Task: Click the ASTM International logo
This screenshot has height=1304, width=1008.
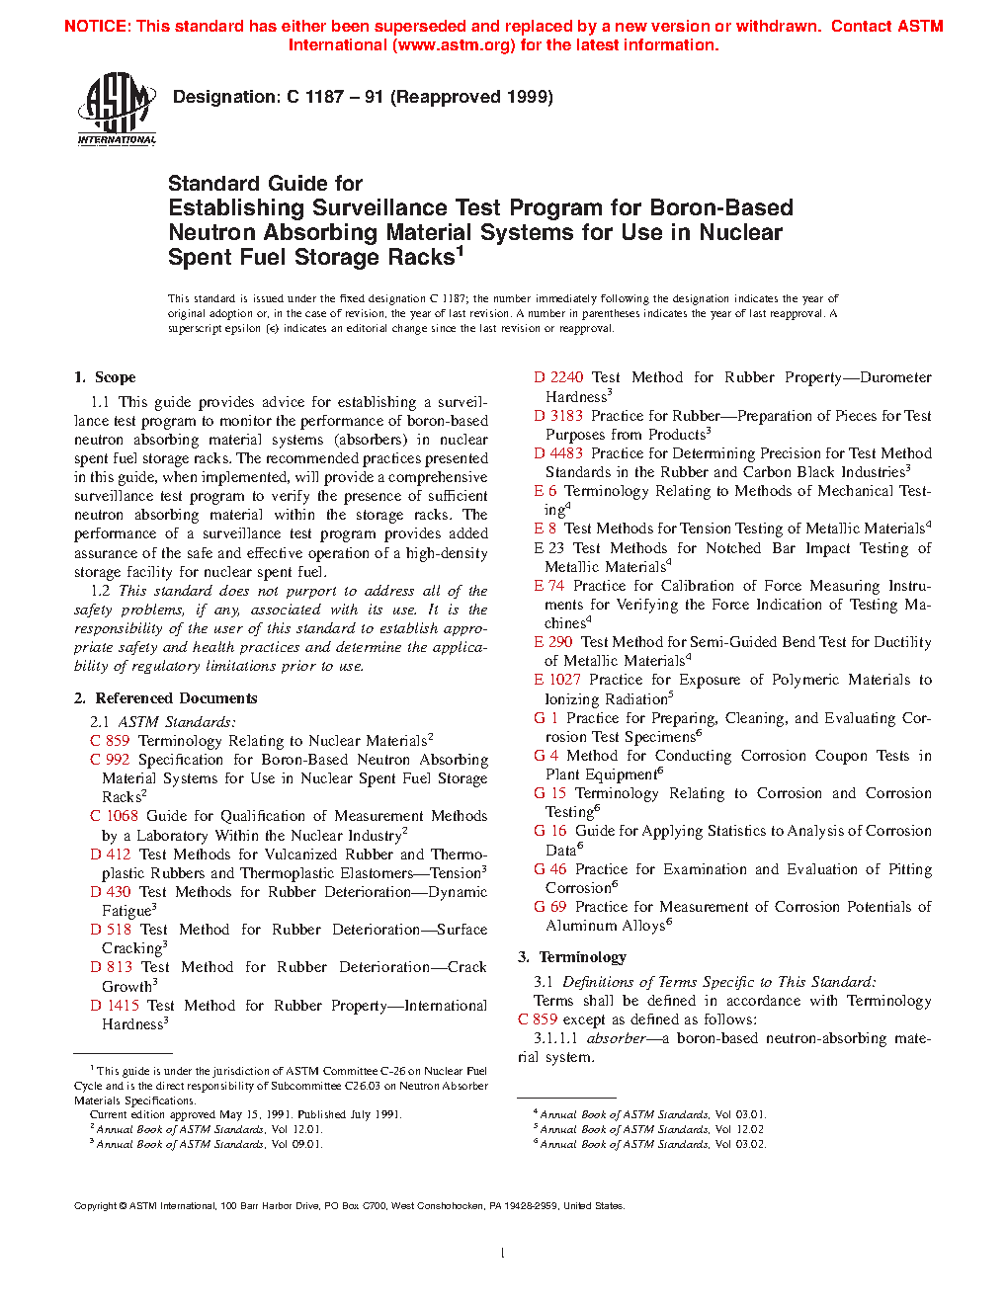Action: (x=117, y=110)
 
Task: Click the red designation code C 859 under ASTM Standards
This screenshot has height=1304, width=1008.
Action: (x=110, y=741)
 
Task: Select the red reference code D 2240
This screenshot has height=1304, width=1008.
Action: (x=558, y=377)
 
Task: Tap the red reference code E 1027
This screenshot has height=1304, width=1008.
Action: (x=557, y=680)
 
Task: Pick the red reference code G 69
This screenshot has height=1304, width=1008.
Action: (x=550, y=907)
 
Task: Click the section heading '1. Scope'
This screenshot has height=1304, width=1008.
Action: (x=105, y=377)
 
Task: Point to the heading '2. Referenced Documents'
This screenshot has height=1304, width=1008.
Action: (x=165, y=698)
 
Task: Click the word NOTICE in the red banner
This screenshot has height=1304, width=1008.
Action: (x=96, y=27)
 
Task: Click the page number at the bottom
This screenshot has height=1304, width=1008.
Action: (x=503, y=1254)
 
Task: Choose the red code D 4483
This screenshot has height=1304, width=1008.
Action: (x=558, y=453)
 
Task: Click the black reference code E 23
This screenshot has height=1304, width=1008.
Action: (x=549, y=548)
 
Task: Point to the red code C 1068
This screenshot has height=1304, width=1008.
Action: (x=114, y=816)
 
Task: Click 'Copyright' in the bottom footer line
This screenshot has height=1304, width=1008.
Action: (x=95, y=1206)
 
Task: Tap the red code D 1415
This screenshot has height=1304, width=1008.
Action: (x=115, y=1006)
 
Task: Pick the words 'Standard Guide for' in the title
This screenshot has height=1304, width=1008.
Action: (x=265, y=184)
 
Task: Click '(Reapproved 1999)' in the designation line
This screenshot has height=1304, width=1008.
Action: (x=471, y=97)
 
